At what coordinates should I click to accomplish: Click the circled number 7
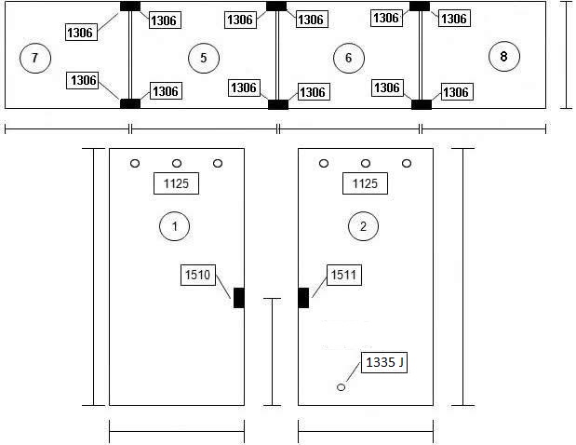[35, 58]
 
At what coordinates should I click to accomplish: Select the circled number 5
[204, 58]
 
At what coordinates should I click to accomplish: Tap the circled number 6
[349, 58]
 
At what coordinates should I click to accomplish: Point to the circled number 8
[504, 56]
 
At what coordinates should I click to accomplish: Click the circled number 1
[175, 226]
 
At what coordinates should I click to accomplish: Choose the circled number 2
[363, 226]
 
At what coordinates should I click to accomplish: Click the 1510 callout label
[198, 275]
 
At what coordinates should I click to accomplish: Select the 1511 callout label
[344, 275]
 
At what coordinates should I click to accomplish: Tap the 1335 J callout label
[384, 362]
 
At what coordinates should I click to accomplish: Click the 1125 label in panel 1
[176, 183]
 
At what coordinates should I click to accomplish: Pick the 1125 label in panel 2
[365, 183]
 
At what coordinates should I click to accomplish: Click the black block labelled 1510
[239, 298]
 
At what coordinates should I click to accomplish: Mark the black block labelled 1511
[303, 298]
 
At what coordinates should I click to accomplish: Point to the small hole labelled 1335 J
[341, 387]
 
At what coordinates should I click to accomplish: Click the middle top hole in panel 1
[177, 163]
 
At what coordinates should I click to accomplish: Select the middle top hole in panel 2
[366, 163]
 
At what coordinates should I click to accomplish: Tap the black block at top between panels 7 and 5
[130, 7]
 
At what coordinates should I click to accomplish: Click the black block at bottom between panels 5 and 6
[278, 104]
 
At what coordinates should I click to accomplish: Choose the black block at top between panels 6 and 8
[420, 7]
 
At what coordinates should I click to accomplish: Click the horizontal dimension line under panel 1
[177, 431]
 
